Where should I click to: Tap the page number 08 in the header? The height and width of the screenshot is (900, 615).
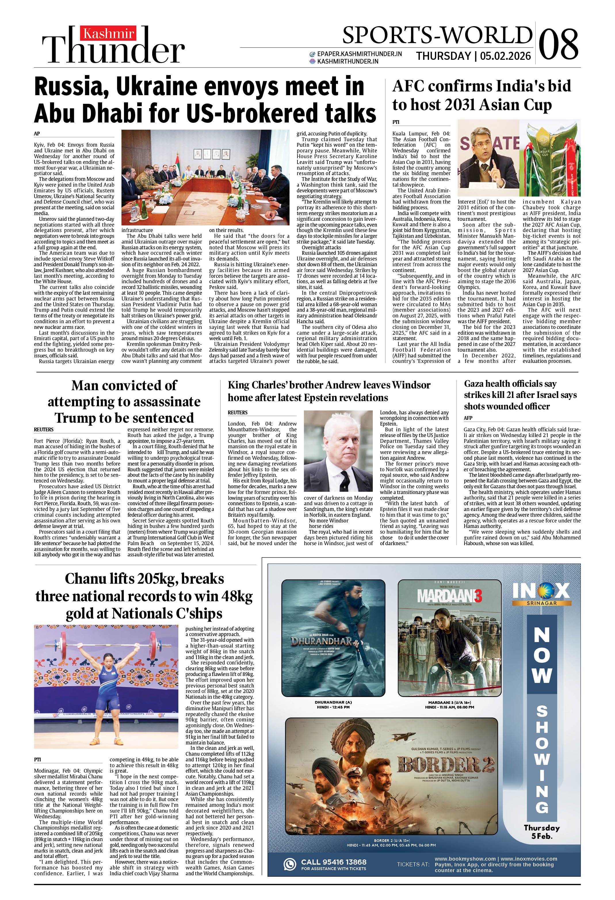click(x=558, y=44)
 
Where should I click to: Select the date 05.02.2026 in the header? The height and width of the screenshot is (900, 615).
click(x=505, y=56)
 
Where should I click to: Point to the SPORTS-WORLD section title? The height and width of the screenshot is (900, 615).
click(x=437, y=35)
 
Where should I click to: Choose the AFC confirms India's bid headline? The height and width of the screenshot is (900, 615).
click(x=482, y=95)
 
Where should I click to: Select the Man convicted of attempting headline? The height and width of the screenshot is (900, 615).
click(x=124, y=402)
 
